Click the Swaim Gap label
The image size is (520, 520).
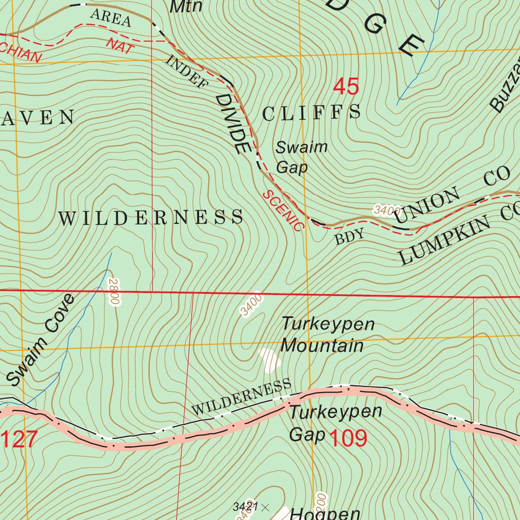[301, 157]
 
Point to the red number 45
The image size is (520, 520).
[346, 87]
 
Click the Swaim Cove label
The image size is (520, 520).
[41, 339]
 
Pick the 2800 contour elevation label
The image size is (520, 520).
[114, 292]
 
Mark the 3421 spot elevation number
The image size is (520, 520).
[246, 506]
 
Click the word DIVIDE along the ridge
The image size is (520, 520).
[233, 124]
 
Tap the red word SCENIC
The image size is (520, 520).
[282, 210]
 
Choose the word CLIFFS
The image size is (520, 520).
[312, 112]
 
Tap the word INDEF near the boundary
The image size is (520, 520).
[186, 72]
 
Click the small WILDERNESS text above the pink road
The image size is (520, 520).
[242, 397]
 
